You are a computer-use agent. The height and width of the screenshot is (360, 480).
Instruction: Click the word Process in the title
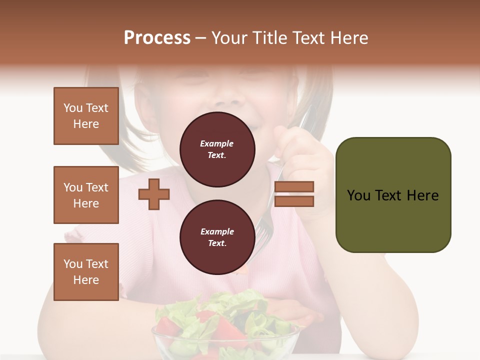point(157,38)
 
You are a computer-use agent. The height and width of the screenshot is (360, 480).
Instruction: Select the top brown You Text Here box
point(86,116)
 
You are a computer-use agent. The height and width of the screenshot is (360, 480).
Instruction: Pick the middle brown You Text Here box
point(86,195)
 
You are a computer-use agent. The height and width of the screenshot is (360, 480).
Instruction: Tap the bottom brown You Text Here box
point(86,272)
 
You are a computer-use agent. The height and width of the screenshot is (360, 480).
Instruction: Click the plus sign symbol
point(154,194)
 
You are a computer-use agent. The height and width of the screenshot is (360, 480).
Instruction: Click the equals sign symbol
point(294,194)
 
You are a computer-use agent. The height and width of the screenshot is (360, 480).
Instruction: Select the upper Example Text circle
point(217,149)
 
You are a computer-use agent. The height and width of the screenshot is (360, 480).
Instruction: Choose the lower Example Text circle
point(217,237)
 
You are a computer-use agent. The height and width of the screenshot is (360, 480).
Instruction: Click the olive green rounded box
point(393,195)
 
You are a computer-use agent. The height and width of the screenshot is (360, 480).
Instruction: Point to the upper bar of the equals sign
point(294,186)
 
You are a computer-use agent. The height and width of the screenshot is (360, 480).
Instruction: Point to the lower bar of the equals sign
point(294,201)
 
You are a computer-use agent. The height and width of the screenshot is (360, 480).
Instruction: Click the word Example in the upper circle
point(217,143)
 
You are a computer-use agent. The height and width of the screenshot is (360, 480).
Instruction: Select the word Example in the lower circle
point(217,231)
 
